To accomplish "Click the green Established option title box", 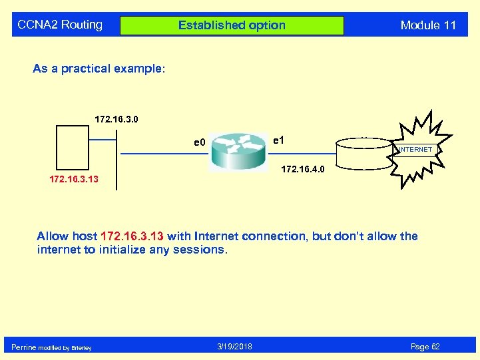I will click(x=232, y=25).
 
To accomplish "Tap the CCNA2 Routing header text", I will click(x=60, y=25).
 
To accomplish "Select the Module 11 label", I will click(x=428, y=25).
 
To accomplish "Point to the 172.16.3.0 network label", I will click(x=117, y=120).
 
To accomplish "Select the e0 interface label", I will click(x=199, y=142).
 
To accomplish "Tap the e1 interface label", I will click(x=280, y=140).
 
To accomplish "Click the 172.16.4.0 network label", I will click(x=302, y=170).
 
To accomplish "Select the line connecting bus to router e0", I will click(x=163, y=154).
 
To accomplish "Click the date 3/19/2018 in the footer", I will click(x=234, y=347).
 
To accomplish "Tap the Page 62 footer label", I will click(x=425, y=347).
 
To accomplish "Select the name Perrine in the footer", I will click(x=24, y=347).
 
